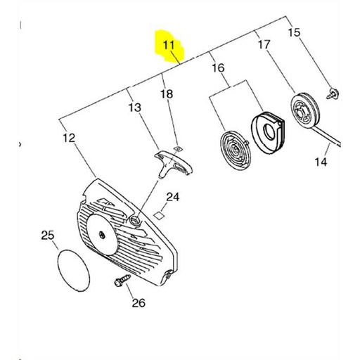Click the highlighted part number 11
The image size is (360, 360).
tap(169, 46)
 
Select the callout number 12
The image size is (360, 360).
tap(68, 138)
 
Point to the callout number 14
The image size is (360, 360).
tap(321, 162)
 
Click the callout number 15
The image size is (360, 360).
tap(294, 32)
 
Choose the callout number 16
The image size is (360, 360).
tap(218, 68)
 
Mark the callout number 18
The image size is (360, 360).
tap(166, 94)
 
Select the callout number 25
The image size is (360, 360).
tap(47, 234)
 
